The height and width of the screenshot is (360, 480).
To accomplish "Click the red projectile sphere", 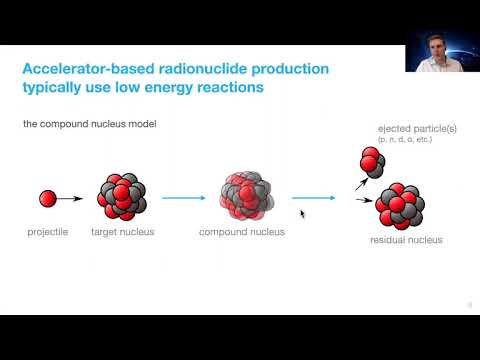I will click(x=48, y=199).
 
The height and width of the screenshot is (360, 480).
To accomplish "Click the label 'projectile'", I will click(x=47, y=232).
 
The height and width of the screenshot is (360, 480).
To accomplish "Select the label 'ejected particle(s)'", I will click(x=413, y=130).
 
